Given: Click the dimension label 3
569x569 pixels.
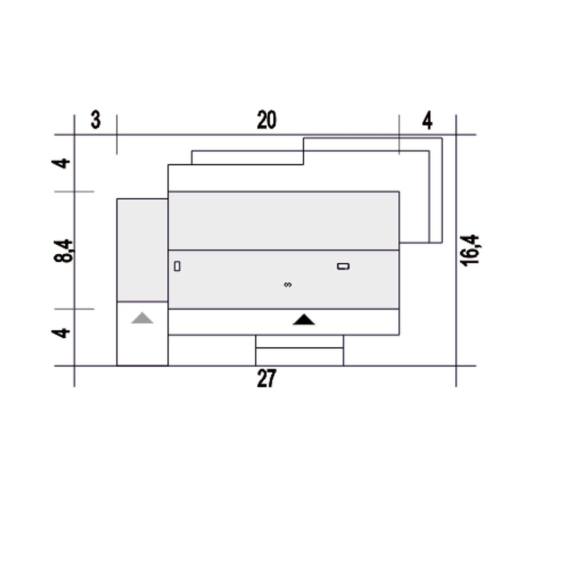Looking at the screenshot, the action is click(96, 120).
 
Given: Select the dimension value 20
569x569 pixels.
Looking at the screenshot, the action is click(267, 120).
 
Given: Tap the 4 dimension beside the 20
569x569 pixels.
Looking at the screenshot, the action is click(427, 120).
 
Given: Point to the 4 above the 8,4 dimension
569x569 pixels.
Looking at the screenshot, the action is click(61, 163).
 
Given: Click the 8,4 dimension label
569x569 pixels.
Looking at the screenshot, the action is click(63, 251).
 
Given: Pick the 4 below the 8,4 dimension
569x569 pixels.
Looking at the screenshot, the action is click(61, 333).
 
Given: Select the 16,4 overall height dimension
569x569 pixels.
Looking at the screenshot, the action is click(469, 250).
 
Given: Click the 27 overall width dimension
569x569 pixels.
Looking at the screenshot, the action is click(267, 378).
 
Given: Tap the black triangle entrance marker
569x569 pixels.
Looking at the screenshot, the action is click(304, 320).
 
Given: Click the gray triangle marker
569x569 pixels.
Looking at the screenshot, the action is click(142, 318).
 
